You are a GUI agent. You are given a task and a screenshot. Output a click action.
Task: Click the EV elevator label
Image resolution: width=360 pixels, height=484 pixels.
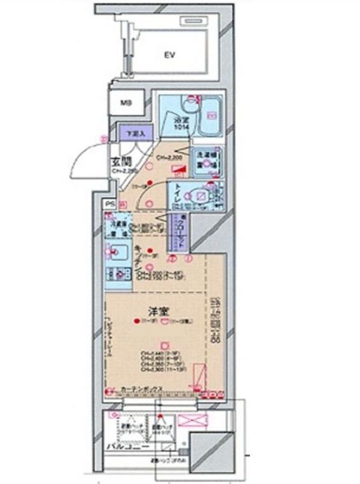coord(168,55)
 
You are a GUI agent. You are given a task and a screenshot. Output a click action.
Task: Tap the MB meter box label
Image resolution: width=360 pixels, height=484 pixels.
coord(126,103)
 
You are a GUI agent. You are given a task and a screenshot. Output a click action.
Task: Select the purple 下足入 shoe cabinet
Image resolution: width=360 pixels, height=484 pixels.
coord(133,133)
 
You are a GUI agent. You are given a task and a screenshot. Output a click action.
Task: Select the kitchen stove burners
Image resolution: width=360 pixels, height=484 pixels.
coord(119,274)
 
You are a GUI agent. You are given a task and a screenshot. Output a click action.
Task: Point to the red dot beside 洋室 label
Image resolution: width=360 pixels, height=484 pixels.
coord(136,322)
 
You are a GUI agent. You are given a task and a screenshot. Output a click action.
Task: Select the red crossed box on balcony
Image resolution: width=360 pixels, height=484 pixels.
coord(188,420)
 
